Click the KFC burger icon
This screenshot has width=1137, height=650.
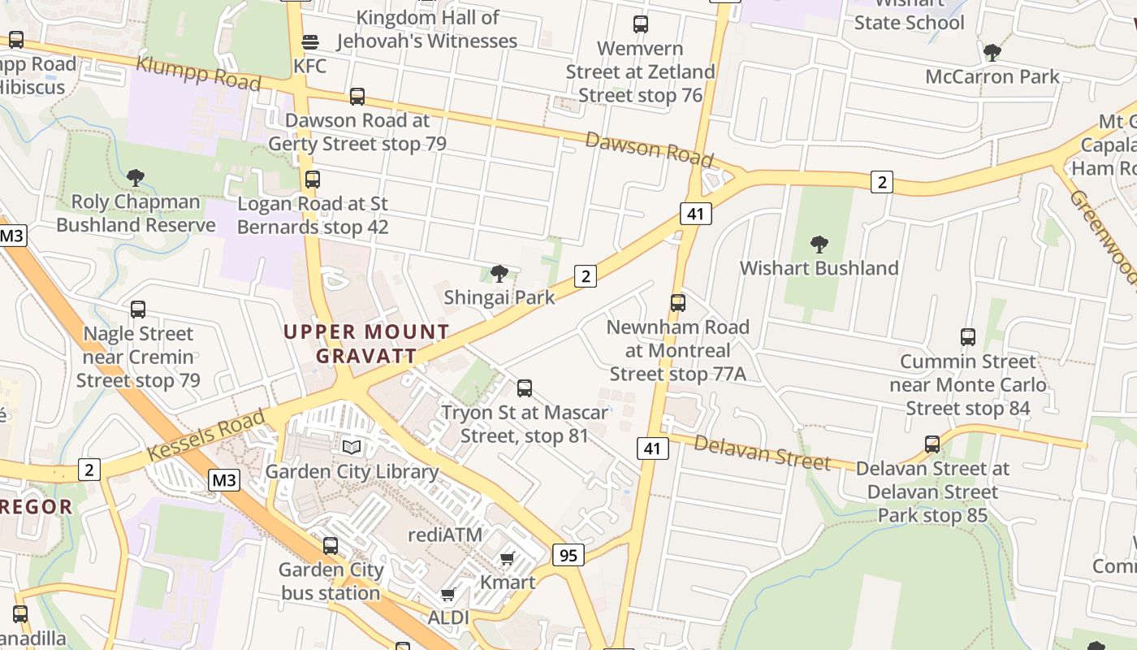(x=309, y=42)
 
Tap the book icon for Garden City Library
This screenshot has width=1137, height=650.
(x=352, y=447)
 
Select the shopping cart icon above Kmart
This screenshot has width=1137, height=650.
(x=508, y=558)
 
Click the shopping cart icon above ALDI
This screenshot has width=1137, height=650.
(x=447, y=595)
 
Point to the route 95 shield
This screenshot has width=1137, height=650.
(x=568, y=555)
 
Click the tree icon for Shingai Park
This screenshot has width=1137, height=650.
(x=499, y=274)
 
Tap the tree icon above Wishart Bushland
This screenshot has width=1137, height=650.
(x=819, y=244)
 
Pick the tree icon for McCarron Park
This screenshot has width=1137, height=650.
(x=992, y=53)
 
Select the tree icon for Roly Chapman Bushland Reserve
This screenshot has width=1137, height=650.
(x=136, y=177)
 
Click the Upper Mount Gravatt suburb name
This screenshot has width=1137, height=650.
(x=366, y=344)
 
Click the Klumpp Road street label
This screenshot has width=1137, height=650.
(x=198, y=73)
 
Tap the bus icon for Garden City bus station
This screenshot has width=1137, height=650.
(x=331, y=546)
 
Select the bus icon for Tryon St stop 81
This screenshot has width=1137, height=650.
(x=525, y=388)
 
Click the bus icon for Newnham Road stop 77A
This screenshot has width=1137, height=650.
(x=678, y=303)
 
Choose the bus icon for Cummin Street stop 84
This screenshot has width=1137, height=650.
(x=968, y=337)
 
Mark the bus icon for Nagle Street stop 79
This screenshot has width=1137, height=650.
(x=138, y=310)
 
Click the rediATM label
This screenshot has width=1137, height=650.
(x=445, y=535)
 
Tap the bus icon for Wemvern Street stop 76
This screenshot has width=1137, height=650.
(x=641, y=24)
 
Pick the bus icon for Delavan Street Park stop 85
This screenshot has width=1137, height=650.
(x=932, y=444)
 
